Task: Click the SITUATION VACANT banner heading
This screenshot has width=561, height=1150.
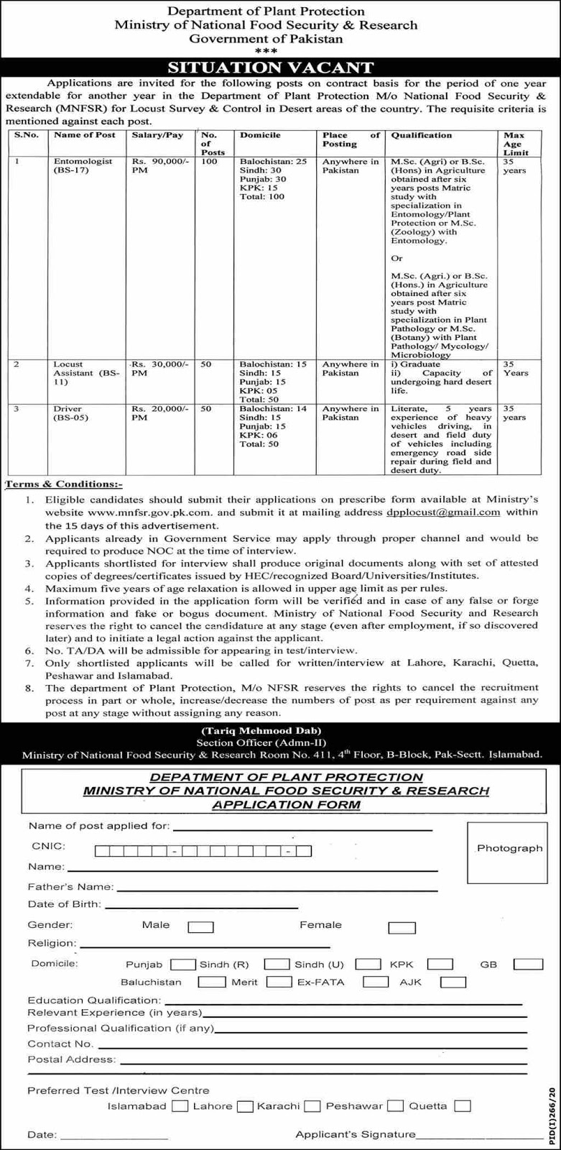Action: (x=280, y=68)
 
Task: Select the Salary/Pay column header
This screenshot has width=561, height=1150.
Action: (x=157, y=135)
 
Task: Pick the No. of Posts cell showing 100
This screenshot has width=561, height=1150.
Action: (x=209, y=162)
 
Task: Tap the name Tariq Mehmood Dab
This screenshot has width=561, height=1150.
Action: (x=280, y=730)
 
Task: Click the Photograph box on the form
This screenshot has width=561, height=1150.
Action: (x=509, y=848)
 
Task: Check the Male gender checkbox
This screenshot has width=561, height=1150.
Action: (x=201, y=927)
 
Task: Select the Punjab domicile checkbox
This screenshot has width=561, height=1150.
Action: (x=183, y=964)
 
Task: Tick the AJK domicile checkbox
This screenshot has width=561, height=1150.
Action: (x=454, y=982)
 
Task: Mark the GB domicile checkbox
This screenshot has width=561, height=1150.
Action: (x=529, y=964)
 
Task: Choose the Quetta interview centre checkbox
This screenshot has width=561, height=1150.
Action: (x=463, y=1105)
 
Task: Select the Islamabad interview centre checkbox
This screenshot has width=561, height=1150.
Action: (x=181, y=1105)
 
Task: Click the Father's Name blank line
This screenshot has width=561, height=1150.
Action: (x=276, y=889)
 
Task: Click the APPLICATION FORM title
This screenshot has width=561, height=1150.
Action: (x=286, y=804)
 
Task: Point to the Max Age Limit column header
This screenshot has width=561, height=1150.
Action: (x=514, y=143)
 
